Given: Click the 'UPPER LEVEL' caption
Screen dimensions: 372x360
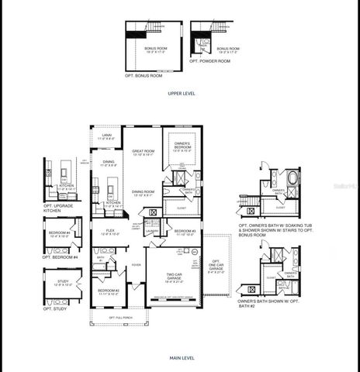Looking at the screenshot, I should [182, 92].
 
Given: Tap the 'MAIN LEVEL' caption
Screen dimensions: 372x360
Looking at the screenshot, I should [182, 358].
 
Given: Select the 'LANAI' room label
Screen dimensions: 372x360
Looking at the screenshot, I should [106, 136].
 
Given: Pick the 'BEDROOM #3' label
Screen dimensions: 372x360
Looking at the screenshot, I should [184, 231].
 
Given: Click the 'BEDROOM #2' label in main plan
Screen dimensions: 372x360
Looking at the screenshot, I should [108, 291].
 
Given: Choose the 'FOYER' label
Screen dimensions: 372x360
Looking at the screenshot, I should [136, 264].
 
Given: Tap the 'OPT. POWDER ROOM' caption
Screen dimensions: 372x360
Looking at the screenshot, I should [213, 60].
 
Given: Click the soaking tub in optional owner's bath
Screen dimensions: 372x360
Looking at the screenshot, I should [292, 177].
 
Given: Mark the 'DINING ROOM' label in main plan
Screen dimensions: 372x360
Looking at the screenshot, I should [141, 191].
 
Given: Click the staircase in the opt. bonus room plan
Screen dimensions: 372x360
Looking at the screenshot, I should [156, 27].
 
